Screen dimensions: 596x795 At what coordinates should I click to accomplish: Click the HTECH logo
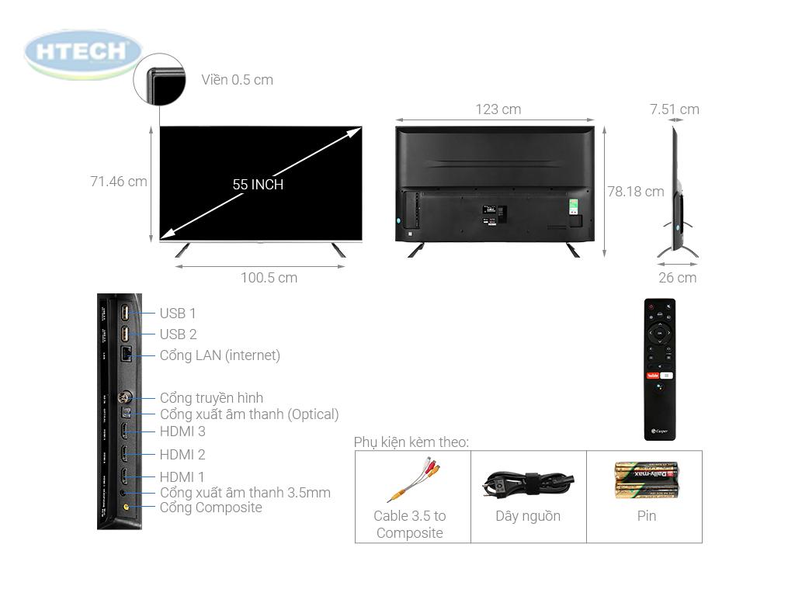click(x=83, y=53)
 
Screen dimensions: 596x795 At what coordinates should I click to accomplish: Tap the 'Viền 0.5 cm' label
click(x=237, y=80)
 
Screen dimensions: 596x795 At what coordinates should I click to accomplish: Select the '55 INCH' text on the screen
click(x=258, y=185)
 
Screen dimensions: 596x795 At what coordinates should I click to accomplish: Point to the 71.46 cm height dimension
click(x=118, y=182)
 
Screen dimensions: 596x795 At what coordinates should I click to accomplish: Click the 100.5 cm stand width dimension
click(x=269, y=278)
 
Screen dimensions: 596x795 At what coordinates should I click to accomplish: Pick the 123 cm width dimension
click(x=498, y=109)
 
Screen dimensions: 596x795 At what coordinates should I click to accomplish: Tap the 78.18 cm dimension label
click(x=635, y=191)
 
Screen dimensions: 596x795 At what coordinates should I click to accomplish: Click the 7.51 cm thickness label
click(x=674, y=109)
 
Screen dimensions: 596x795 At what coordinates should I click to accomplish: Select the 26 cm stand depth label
click(x=677, y=278)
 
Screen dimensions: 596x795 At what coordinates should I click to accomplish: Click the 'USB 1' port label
click(x=178, y=314)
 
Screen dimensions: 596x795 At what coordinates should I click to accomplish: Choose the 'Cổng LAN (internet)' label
click(x=220, y=355)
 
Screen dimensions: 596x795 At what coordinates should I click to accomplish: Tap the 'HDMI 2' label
click(x=182, y=455)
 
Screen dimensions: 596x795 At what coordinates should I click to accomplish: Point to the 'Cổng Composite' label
click(x=210, y=508)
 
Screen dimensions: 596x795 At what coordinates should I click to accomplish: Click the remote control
click(x=659, y=369)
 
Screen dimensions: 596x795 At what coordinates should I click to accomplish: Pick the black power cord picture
click(x=528, y=483)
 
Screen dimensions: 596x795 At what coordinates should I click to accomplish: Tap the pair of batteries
click(x=646, y=480)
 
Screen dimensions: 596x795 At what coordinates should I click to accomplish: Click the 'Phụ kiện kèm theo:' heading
click(x=411, y=442)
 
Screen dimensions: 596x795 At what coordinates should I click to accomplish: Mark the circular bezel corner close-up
click(x=159, y=79)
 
